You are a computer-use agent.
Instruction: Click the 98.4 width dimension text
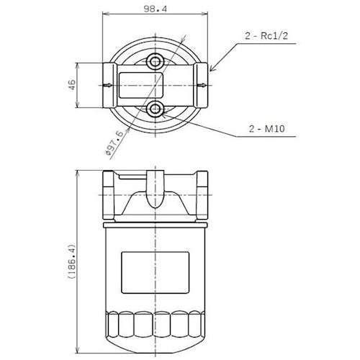(x=155, y=9)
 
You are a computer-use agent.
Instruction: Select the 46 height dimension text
(x=72, y=84)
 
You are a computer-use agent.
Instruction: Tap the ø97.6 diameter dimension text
(x=114, y=143)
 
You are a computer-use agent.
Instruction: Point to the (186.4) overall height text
(x=72, y=261)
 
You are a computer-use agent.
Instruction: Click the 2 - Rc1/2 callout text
(x=266, y=36)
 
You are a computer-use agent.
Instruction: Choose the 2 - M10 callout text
(x=267, y=129)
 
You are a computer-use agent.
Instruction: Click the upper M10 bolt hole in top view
(x=156, y=62)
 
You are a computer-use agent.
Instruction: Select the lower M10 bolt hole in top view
(x=156, y=109)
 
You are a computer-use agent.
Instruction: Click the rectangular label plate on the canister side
(x=156, y=272)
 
